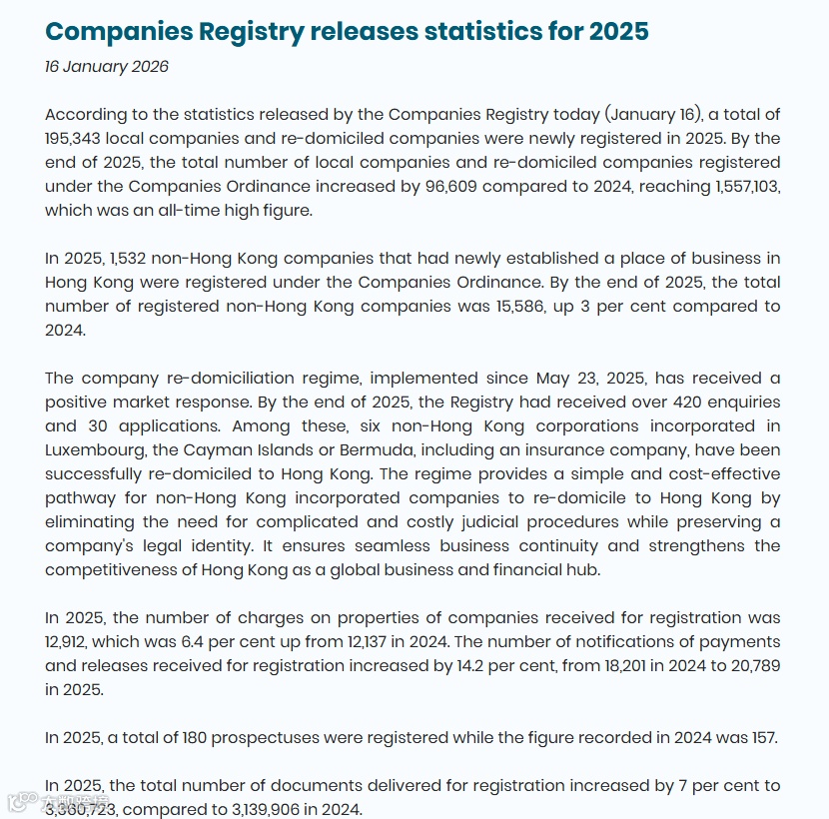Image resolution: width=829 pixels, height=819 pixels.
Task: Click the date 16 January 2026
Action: click(107, 67)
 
